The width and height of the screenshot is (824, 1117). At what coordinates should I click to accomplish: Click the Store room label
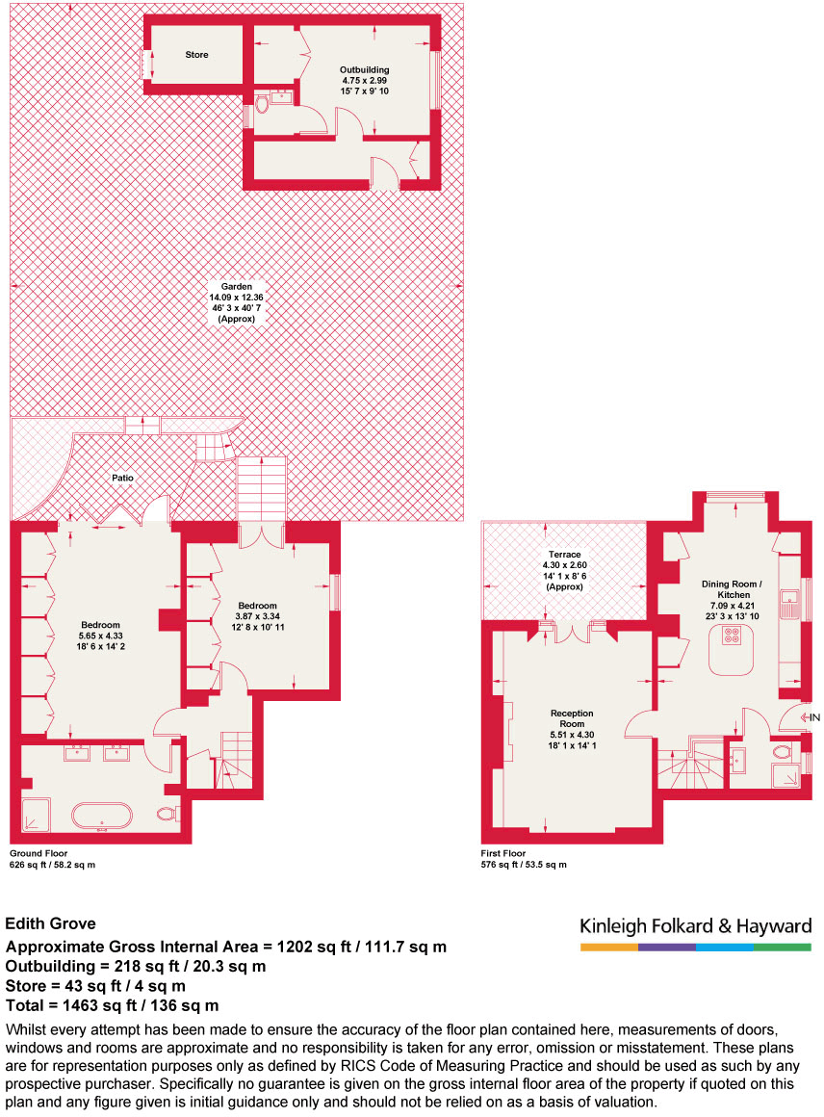pyautogui.click(x=196, y=55)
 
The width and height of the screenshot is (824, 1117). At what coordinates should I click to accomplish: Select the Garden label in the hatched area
pyautogui.click(x=236, y=286)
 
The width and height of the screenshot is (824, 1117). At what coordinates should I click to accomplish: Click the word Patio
pyautogui.click(x=121, y=478)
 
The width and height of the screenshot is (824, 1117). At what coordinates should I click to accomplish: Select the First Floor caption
pyautogui.click(x=503, y=853)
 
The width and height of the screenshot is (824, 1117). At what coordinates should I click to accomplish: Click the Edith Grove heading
pyautogui.click(x=50, y=924)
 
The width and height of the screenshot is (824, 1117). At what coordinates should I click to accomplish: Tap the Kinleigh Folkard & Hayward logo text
pyautogui.click(x=695, y=926)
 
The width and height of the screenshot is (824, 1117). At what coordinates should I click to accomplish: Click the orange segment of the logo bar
pyautogui.click(x=608, y=948)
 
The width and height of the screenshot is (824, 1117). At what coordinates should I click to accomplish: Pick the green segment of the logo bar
pyautogui.click(x=783, y=948)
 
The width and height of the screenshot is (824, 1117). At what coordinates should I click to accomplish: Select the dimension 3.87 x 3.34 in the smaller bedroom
pyautogui.click(x=257, y=616)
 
